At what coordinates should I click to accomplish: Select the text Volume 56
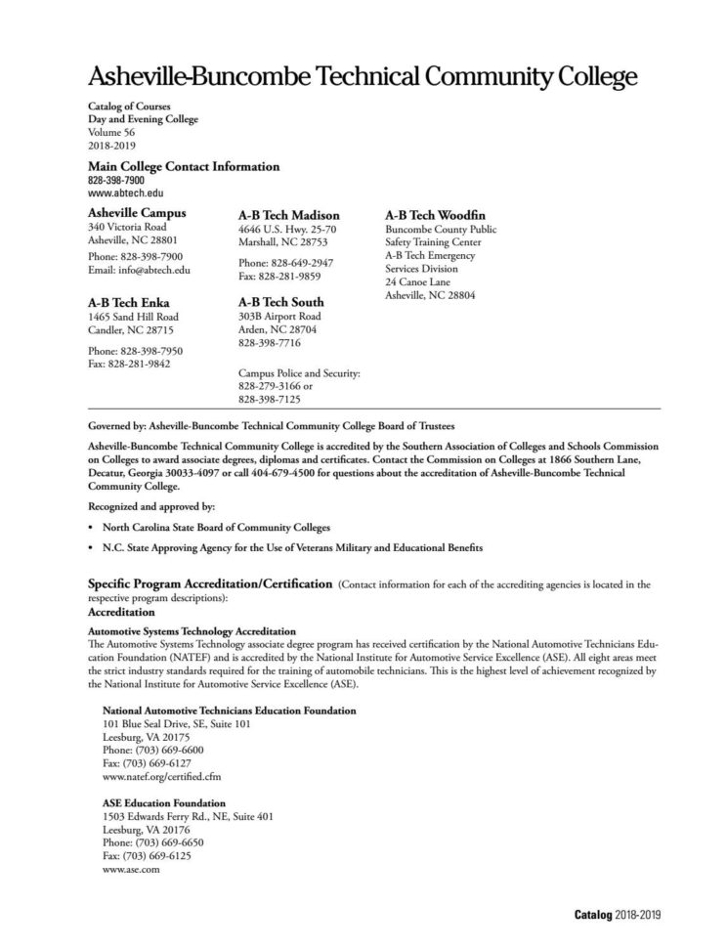click(x=111, y=132)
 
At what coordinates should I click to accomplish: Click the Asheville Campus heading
click(x=137, y=212)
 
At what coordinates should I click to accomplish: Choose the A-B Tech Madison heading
click(x=289, y=215)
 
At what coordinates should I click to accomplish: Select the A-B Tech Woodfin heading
click(x=436, y=214)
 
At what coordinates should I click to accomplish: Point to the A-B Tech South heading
click(x=281, y=302)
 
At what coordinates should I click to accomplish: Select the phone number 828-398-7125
click(x=270, y=399)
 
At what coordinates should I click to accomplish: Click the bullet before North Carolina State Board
click(x=91, y=527)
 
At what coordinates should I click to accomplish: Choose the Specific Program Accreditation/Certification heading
click(x=210, y=583)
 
